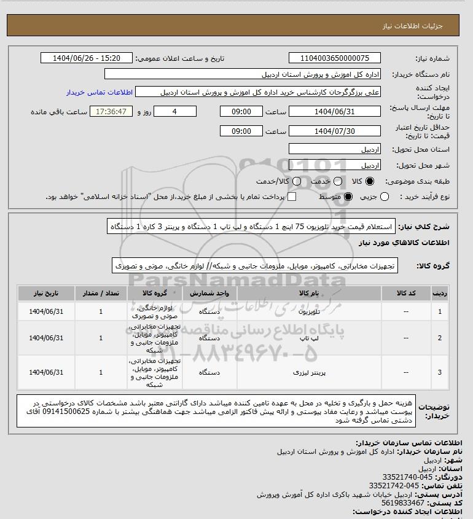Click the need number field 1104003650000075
tap(335, 58)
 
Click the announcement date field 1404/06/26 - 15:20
tap(86, 58)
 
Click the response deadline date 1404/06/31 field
tap(335, 112)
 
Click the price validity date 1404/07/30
tap(335, 131)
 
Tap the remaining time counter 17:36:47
tap(111, 112)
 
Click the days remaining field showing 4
tap(174, 112)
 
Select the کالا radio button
tap(370, 182)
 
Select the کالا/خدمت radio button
tap(297, 182)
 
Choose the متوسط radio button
tap(348, 197)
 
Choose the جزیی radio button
tap(385, 197)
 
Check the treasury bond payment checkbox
tap(292, 197)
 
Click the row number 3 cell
tap(439, 372)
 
